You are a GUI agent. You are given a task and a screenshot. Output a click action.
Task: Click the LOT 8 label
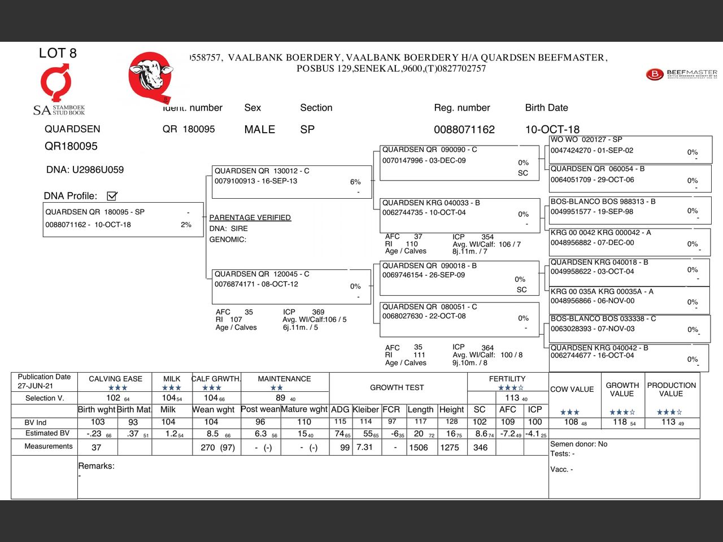(58, 53)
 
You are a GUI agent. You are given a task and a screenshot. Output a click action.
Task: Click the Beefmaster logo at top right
(681, 74)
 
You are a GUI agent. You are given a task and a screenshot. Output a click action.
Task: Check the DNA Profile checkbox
(112, 196)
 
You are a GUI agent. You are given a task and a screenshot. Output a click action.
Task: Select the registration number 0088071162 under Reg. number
(464, 129)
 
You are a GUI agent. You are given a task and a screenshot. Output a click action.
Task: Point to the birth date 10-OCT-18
(552, 129)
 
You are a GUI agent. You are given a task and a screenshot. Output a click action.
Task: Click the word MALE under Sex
(259, 129)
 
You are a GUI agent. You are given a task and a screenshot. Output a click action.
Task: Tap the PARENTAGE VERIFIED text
(250, 217)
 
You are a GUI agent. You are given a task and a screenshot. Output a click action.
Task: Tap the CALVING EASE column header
(115, 379)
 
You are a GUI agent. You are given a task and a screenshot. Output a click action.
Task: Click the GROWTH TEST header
(397, 387)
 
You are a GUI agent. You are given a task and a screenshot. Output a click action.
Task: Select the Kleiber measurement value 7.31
(364, 447)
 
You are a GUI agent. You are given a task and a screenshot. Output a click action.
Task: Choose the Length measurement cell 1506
(419, 447)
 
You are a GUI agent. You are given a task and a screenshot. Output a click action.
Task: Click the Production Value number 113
(668, 422)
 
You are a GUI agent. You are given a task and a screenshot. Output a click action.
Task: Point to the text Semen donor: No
(578, 444)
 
